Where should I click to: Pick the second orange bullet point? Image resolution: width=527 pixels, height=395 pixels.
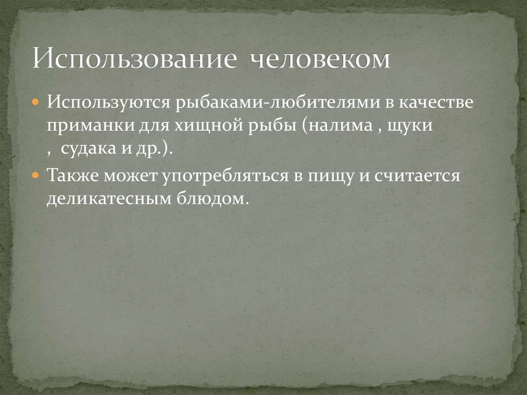(x=36, y=176)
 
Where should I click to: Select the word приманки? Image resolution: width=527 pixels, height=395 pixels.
(x=91, y=127)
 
